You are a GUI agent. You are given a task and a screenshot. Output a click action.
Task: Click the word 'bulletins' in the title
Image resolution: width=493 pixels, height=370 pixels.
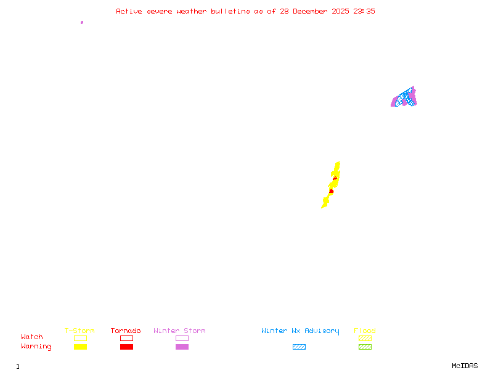pyautogui.click(x=230, y=11)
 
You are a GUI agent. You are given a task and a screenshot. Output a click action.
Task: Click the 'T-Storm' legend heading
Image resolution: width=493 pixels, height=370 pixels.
pyautogui.click(x=79, y=331)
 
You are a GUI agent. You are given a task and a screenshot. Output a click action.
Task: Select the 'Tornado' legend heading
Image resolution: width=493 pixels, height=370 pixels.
pyautogui.click(x=126, y=331)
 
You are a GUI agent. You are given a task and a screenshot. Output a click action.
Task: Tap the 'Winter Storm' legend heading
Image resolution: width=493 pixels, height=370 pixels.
pyautogui.click(x=179, y=331)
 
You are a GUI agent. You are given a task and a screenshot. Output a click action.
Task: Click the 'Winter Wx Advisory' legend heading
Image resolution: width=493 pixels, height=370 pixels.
pyautogui.click(x=300, y=331)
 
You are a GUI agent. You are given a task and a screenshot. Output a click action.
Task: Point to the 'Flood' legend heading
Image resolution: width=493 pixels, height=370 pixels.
pyautogui.click(x=365, y=331)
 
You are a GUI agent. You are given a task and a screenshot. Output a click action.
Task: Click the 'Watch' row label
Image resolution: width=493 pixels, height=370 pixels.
pyautogui.click(x=32, y=337)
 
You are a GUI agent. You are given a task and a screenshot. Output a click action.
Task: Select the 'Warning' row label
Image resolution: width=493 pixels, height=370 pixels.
pyautogui.click(x=36, y=347)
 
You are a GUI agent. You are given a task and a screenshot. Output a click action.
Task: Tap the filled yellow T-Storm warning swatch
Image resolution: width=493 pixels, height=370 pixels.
pyautogui.click(x=80, y=347)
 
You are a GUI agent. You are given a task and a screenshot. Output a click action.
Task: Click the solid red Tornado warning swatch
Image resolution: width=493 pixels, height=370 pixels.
pyautogui.click(x=126, y=347)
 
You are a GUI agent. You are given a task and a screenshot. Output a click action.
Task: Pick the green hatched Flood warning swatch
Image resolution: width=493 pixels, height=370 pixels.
pyautogui.click(x=365, y=347)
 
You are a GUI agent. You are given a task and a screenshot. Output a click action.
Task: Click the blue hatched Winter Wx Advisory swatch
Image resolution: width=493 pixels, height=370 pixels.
pyautogui.click(x=299, y=347)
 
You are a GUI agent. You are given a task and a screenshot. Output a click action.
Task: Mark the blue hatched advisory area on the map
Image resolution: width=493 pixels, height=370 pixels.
pyautogui.click(x=405, y=96)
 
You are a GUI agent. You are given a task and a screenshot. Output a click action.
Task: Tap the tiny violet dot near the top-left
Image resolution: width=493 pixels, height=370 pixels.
pyautogui.click(x=81, y=22)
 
